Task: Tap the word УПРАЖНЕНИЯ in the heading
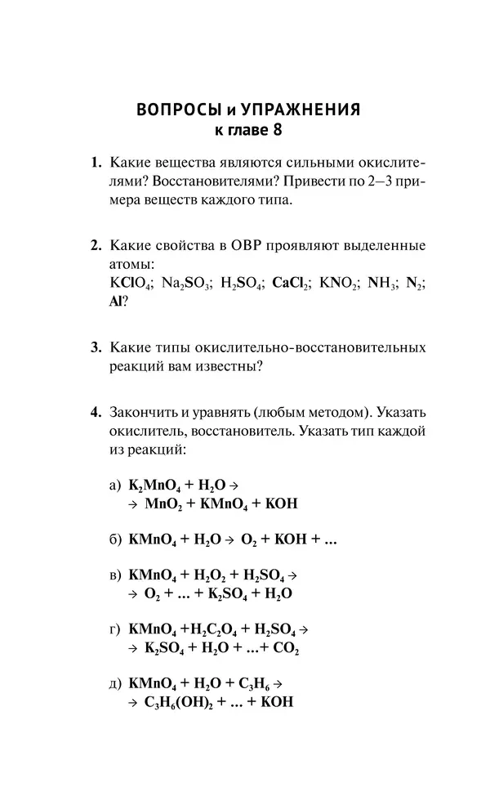coord(302,110)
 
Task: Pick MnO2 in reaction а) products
coord(162,504)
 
